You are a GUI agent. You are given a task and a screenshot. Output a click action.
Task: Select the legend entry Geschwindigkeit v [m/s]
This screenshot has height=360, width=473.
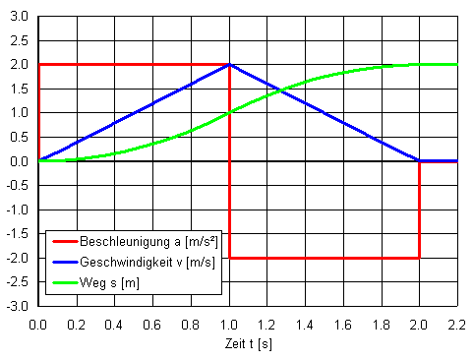pyautogui.click(x=156, y=262)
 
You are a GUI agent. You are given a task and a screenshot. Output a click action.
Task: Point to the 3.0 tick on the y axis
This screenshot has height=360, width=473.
pyautogui.click(x=20, y=17)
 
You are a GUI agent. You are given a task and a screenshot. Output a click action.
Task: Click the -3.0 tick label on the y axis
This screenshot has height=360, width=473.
pyautogui.click(x=18, y=307)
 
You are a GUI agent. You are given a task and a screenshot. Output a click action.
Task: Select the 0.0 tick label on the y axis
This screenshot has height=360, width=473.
pyautogui.click(x=20, y=161)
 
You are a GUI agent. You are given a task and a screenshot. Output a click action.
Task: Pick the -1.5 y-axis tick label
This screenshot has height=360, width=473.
pyautogui.click(x=18, y=234)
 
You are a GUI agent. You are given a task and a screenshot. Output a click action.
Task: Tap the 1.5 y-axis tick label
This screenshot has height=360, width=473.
pyautogui.click(x=20, y=89)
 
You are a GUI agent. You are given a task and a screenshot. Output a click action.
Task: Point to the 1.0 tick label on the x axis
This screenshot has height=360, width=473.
pyautogui.click(x=229, y=323)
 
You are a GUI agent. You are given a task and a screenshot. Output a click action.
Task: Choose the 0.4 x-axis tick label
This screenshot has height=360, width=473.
pyautogui.click(x=115, y=323)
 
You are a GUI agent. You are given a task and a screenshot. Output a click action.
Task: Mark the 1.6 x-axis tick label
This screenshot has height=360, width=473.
pyautogui.click(x=343, y=323)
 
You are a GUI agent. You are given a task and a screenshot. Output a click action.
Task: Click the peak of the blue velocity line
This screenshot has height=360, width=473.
pyautogui.click(x=229, y=65)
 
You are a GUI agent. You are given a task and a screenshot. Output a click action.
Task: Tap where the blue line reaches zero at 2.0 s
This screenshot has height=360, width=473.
pyautogui.click(x=419, y=160)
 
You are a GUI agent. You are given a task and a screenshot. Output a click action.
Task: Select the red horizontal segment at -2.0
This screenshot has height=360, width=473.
pyautogui.click(x=325, y=258)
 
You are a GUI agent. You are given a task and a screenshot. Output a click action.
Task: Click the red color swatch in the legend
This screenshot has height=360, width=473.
pyautogui.click(x=63, y=241)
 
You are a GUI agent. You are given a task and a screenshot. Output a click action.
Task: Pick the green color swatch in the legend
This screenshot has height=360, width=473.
pyautogui.click(x=63, y=283)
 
